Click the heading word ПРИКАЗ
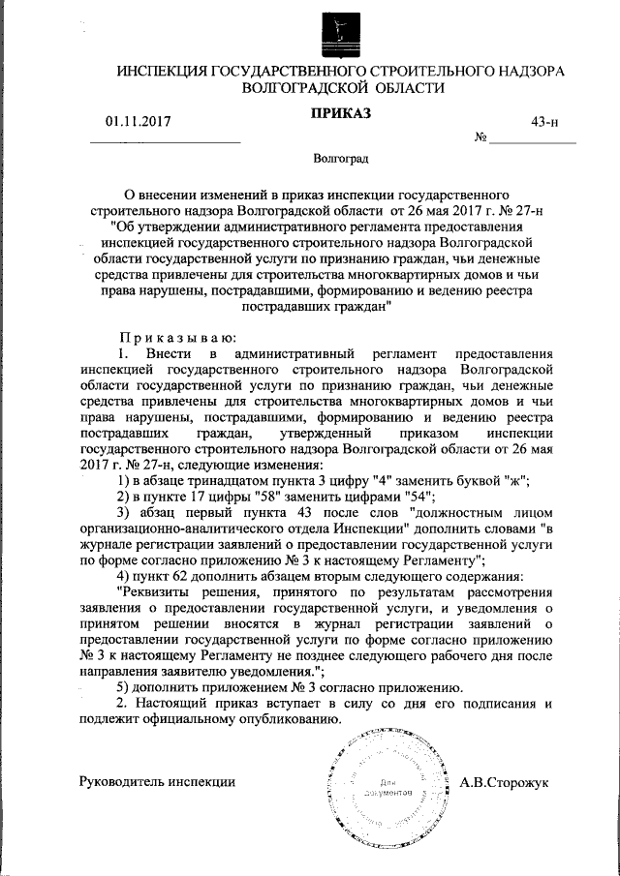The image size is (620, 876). pyautogui.click(x=340, y=114)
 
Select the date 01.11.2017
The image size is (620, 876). pyautogui.click(x=138, y=122)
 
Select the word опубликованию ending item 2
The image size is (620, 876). pyautogui.click(x=290, y=719)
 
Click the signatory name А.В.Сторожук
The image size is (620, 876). pyautogui.click(x=504, y=781)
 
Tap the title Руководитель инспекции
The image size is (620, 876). pyautogui.click(x=157, y=781)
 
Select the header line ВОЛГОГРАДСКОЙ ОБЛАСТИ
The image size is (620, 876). pyautogui.click(x=340, y=87)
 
